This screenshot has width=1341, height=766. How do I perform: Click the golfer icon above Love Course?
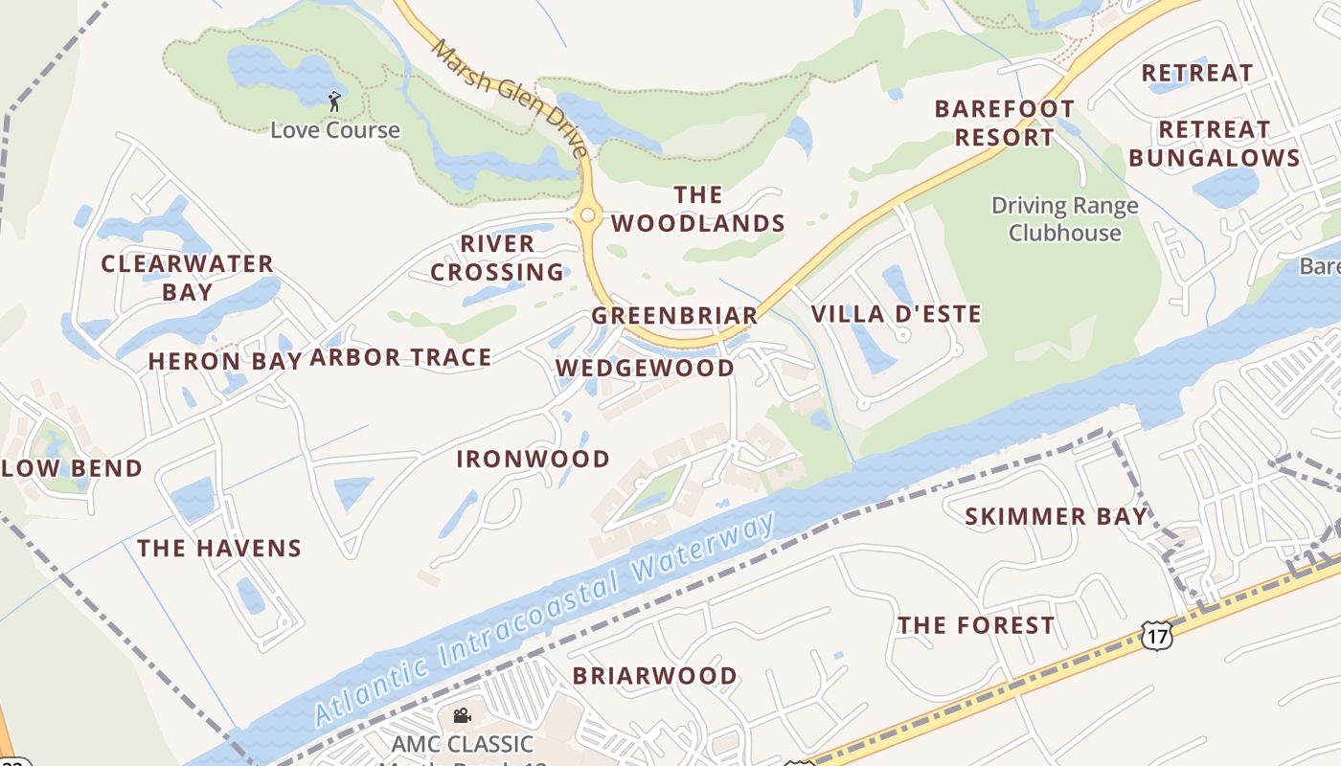(334, 101)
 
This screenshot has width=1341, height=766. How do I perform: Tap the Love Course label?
(334, 130)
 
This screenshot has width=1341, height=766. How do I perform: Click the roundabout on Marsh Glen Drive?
(587, 216)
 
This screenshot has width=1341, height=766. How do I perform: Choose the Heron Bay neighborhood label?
(224, 361)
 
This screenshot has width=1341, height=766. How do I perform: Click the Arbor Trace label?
(400, 358)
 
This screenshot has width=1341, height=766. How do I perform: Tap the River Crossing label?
(497, 259)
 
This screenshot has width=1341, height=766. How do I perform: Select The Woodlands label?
(698, 210)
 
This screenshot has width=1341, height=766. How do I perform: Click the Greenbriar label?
(674, 316)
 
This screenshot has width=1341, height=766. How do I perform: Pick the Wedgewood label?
(645, 369)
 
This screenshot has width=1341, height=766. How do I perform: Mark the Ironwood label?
(533, 460)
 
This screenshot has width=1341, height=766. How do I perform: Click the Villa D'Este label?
(896, 314)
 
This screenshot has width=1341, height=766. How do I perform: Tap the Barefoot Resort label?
(1004, 123)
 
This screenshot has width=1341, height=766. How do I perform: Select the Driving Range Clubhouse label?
(1064, 219)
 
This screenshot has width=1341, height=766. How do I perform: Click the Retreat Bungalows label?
(1214, 144)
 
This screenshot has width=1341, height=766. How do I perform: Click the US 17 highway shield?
(1156, 635)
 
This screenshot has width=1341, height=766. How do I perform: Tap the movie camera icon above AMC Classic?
(462, 716)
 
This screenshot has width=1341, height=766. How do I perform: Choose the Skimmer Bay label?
(1055, 517)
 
